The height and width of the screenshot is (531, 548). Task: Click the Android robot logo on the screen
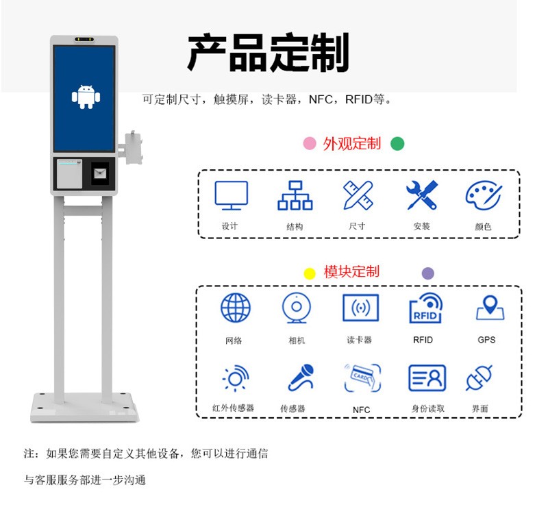[x=86, y=97]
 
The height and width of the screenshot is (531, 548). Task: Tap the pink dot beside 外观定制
[x=310, y=143]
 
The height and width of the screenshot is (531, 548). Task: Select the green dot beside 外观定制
[x=397, y=143]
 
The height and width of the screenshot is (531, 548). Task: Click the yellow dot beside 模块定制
[x=310, y=273]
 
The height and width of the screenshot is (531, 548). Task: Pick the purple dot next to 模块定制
[x=428, y=273]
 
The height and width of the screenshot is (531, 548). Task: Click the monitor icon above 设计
[x=231, y=195]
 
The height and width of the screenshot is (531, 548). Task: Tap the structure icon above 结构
[x=295, y=195]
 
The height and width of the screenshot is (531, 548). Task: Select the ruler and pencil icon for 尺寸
[x=358, y=195]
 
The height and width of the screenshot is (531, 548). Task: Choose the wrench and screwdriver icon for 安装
[x=421, y=195]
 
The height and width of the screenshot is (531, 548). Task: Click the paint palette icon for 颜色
[x=483, y=195]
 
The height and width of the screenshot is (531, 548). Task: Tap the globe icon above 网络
[x=236, y=308]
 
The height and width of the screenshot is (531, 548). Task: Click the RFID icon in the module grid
[x=425, y=308]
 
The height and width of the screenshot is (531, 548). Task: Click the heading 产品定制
[x=268, y=53]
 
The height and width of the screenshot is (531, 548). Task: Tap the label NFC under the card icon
[x=361, y=410]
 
